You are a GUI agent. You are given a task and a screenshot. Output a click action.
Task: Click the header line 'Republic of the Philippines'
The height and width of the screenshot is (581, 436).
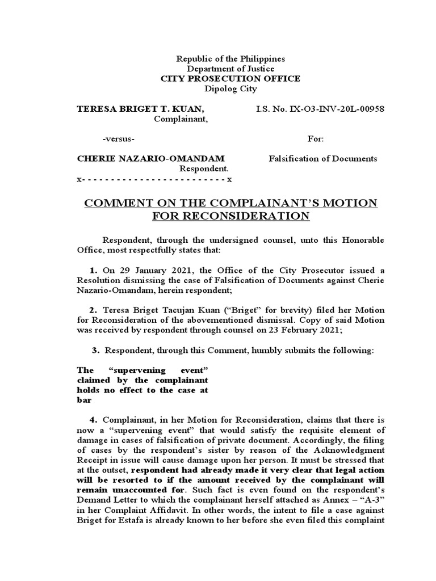pos(230,59)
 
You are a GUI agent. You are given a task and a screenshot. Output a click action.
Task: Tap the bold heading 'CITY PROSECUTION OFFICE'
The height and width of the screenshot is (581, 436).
pos(230,79)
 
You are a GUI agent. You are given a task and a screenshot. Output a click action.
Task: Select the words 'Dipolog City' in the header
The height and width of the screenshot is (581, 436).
pos(230,89)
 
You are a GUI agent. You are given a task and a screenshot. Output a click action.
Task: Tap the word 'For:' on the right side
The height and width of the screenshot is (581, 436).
pos(316,139)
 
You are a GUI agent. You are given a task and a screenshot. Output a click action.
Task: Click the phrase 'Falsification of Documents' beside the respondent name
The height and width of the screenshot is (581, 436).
pos(322,158)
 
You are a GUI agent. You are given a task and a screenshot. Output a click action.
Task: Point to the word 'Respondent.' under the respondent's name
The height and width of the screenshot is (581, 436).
pos(204,169)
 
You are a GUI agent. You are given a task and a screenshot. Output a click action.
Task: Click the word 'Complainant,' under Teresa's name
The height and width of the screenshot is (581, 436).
pos(181,119)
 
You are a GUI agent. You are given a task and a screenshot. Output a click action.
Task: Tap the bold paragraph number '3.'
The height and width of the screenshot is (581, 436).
pos(96,351)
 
